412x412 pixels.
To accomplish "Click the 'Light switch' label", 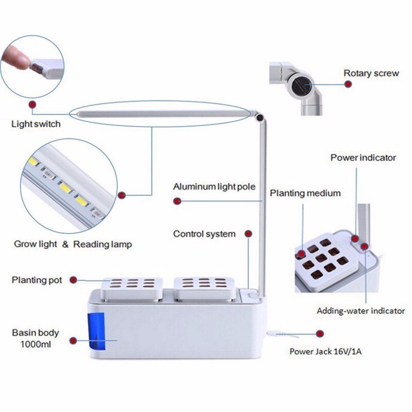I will point(36,124).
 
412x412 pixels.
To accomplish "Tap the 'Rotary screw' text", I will point(371,73).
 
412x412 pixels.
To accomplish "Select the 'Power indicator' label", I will point(363,158).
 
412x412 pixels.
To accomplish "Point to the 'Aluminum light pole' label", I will point(214,186).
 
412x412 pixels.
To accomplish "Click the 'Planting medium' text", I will point(305,193).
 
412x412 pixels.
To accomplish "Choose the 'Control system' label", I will point(204,234).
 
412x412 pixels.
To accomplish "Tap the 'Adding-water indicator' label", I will point(360,311).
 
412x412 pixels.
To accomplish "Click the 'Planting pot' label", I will point(37,280).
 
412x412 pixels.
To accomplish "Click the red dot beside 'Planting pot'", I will point(74,280).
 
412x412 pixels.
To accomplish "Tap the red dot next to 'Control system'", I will point(248,234).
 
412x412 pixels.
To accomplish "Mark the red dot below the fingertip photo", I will point(32,105).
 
